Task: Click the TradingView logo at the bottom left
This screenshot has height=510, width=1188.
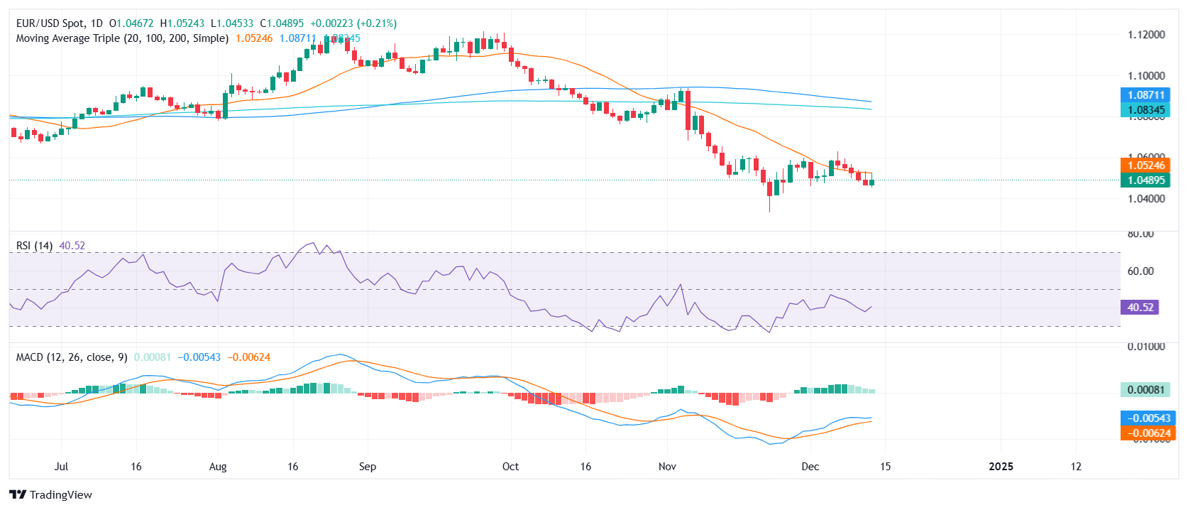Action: tap(51, 494)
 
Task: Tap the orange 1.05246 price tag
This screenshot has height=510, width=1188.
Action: tap(1145, 166)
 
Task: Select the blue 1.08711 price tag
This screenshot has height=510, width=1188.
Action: tap(1145, 95)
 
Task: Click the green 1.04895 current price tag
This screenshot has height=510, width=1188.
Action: tap(1145, 180)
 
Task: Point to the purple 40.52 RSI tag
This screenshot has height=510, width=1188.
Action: tap(1140, 308)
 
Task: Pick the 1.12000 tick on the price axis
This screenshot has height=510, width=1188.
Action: tap(1146, 35)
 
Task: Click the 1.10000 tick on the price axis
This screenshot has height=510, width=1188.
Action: tap(1146, 76)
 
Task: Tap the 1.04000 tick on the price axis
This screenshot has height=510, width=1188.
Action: tap(1146, 199)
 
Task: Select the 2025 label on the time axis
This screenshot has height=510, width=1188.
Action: tap(1001, 467)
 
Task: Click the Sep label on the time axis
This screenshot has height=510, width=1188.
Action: tap(367, 467)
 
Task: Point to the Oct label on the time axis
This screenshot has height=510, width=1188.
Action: tap(510, 467)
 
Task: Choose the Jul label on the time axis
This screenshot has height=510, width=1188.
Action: tap(61, 467)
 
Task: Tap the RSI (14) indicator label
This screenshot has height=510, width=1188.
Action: tap(34, 246)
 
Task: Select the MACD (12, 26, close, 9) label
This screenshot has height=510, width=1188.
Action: tap(72, 357)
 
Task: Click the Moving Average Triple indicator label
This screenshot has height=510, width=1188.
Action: tap(122, 38)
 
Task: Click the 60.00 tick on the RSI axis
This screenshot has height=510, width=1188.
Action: tap(1140, 271)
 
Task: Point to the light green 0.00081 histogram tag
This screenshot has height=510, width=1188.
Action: tap(1145, 390)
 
